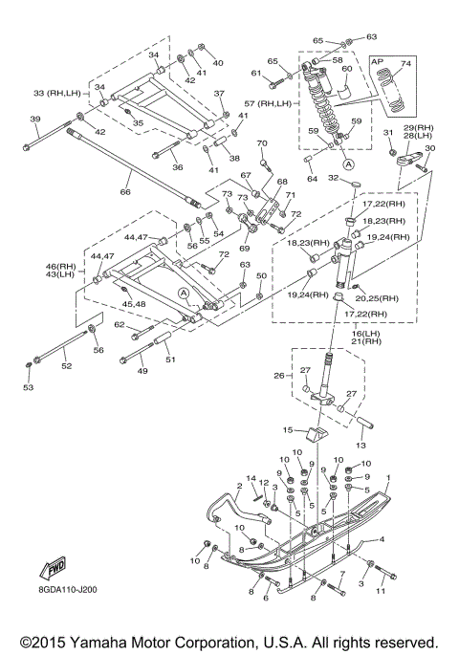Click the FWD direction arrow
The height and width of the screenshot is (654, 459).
click(x=53, y=568)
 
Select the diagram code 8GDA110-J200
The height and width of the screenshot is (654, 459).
click(x=68, y=589)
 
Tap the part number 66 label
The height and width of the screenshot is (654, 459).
click(x=125, y=192)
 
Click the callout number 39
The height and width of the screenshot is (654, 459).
click(x=35, y=119)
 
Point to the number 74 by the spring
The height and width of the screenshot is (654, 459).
click(x=405, y=63)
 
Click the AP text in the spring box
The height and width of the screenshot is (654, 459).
click(x=377, y=61)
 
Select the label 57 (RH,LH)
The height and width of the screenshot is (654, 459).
click(x=268, y=103)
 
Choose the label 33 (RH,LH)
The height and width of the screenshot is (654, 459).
click(x=56, y=93)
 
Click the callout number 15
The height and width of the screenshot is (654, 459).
click(x=288, y=429)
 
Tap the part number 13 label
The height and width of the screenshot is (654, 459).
click(x=361, y=446)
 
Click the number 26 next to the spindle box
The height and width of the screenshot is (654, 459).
click(x=279, y=376)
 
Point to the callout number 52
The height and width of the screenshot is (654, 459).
click(x=66, y=366)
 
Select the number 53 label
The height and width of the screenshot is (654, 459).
click(x=28, y=387)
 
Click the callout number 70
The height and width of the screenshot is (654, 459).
click(x=262, y=143)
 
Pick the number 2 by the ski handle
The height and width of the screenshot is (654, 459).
click(x=239, y=486)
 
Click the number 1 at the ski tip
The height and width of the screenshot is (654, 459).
click(x=388, y=477)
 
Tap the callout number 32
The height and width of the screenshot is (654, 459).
click(x=333, y=178)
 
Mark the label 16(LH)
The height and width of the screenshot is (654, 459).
click(x=357, y=334)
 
